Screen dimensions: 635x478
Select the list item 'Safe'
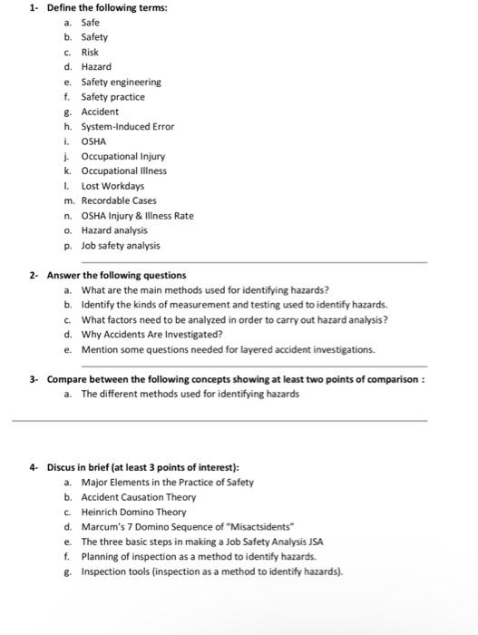92,23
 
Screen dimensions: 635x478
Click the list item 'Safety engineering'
121,82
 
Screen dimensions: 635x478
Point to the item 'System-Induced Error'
127,126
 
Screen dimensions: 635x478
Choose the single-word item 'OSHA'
94,141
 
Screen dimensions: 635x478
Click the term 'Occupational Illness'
124,171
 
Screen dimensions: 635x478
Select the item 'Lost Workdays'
112,185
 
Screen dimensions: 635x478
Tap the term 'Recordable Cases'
119,200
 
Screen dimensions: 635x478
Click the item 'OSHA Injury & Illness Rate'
137,215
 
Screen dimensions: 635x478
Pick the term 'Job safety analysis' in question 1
121,245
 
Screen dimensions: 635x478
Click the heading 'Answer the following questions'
116,275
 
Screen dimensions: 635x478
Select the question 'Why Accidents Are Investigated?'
152,334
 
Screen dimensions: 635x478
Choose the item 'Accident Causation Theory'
138,497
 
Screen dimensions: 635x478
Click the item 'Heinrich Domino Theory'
133,512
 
